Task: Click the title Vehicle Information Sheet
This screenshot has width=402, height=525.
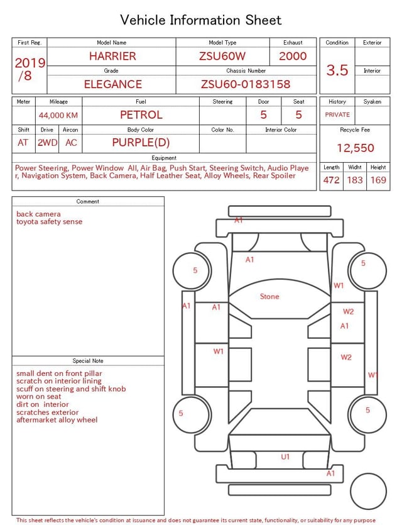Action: [201, 19]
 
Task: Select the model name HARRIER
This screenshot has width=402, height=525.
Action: [112, 56]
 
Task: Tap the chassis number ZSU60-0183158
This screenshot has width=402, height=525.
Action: [246, 84]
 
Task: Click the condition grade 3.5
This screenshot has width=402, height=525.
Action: [337, 70]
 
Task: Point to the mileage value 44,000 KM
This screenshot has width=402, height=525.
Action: [58, 116]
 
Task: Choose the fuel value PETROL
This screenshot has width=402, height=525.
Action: [141, 115]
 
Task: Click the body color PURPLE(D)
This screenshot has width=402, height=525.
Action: [141, 142]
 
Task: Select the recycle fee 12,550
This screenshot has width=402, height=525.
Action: [355, 148]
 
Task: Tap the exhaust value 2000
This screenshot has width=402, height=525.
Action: [293, 56]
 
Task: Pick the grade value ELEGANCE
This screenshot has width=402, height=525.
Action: [113, 84]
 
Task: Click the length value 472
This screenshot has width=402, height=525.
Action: [331, 180]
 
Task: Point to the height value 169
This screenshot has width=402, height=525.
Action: [378, 180]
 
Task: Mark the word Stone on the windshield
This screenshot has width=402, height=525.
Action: [269, 297]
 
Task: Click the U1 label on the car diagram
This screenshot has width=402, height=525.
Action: [285, 457]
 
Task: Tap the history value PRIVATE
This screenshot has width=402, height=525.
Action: [337, 115]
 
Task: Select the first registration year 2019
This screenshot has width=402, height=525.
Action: [30, 63]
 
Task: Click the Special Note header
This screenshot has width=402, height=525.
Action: [88, 361]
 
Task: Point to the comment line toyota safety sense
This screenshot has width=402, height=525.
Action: [49, 222]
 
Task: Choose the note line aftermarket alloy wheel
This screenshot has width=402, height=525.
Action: [57, 420]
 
